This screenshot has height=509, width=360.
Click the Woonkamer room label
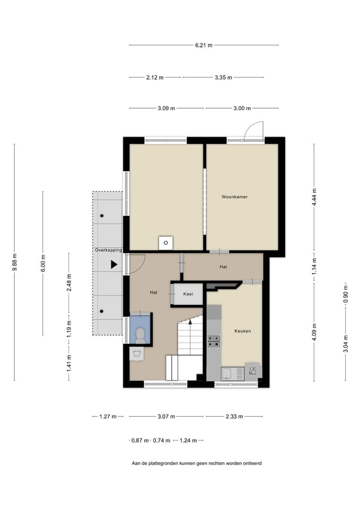point(234,197)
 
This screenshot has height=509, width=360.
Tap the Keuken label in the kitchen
point(242,331)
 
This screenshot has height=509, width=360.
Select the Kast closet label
point(188,294)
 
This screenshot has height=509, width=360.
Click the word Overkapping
point(108,250)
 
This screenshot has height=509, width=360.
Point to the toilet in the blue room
point(140,336)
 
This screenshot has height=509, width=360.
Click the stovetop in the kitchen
point(214,341)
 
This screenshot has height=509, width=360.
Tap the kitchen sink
point(232,374)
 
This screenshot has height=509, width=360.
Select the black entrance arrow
point(113,264)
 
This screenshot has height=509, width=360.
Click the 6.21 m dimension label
point(204,45)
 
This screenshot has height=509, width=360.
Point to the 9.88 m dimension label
point(15,262)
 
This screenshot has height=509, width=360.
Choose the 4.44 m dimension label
point(314,197)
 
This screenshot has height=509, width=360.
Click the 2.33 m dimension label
point(234,417)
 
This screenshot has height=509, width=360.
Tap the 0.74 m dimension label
point(162,441)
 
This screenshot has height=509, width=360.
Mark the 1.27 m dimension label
point(108,417)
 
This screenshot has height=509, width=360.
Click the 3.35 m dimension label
point(223,77)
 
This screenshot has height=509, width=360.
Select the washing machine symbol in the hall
point(137,354)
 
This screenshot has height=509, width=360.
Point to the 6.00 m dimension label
point(43,264)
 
